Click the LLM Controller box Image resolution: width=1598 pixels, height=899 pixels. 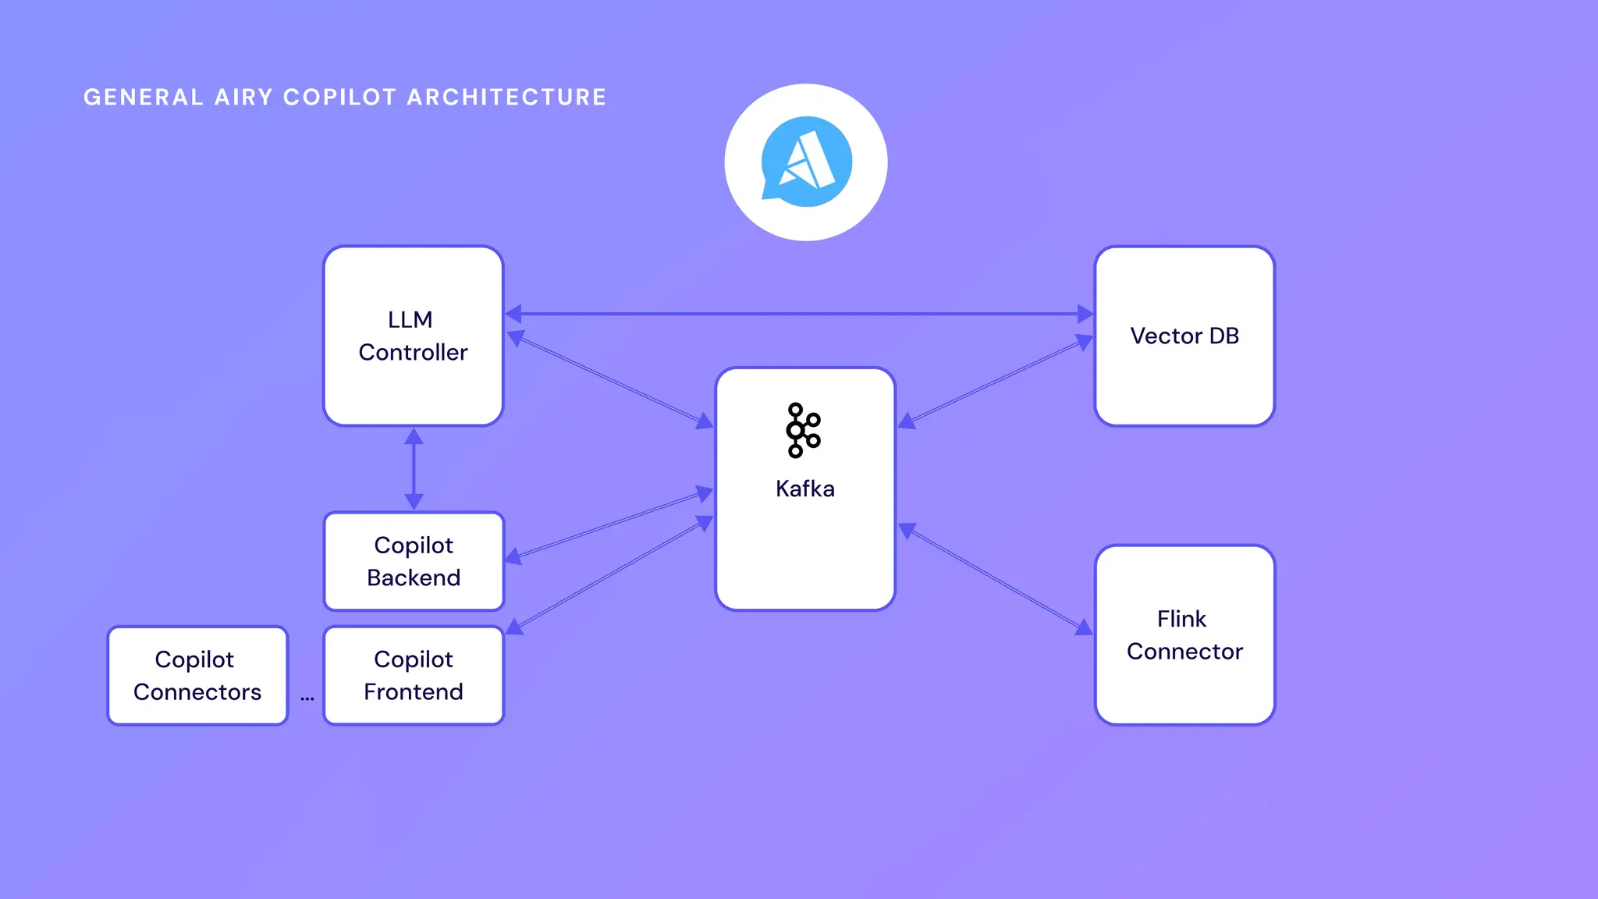tap(413, 336)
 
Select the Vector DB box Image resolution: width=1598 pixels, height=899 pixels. tap(1184, 336)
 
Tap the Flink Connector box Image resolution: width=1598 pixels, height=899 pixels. tap(1184, 634)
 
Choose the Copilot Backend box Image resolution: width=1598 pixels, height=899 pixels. tap(414, 561)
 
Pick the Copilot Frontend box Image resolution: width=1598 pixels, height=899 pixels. tap(414, 675)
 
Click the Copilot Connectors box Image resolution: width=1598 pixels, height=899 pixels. tap(197, 675)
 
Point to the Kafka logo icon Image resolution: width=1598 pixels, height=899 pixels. tap(804, 430)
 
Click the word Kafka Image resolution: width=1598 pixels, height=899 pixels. tap(805, 489)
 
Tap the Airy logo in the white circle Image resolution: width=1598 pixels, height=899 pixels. tap(806, 162)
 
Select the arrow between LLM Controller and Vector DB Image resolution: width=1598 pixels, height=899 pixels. tap(799, 314)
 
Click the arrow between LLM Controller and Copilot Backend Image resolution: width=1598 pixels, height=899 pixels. tap(414, 468)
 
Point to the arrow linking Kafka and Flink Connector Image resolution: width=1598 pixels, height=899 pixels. tap(995, 578)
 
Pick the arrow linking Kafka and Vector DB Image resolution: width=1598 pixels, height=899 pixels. tap(995, 382)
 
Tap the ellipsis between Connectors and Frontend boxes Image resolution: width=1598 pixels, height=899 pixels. tap(307, 698)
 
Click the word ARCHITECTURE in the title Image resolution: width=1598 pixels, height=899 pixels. tap(506, 98)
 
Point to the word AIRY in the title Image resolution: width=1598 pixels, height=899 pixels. tap(243, 98)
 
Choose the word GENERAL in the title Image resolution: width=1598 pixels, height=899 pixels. tap(144, 98)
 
